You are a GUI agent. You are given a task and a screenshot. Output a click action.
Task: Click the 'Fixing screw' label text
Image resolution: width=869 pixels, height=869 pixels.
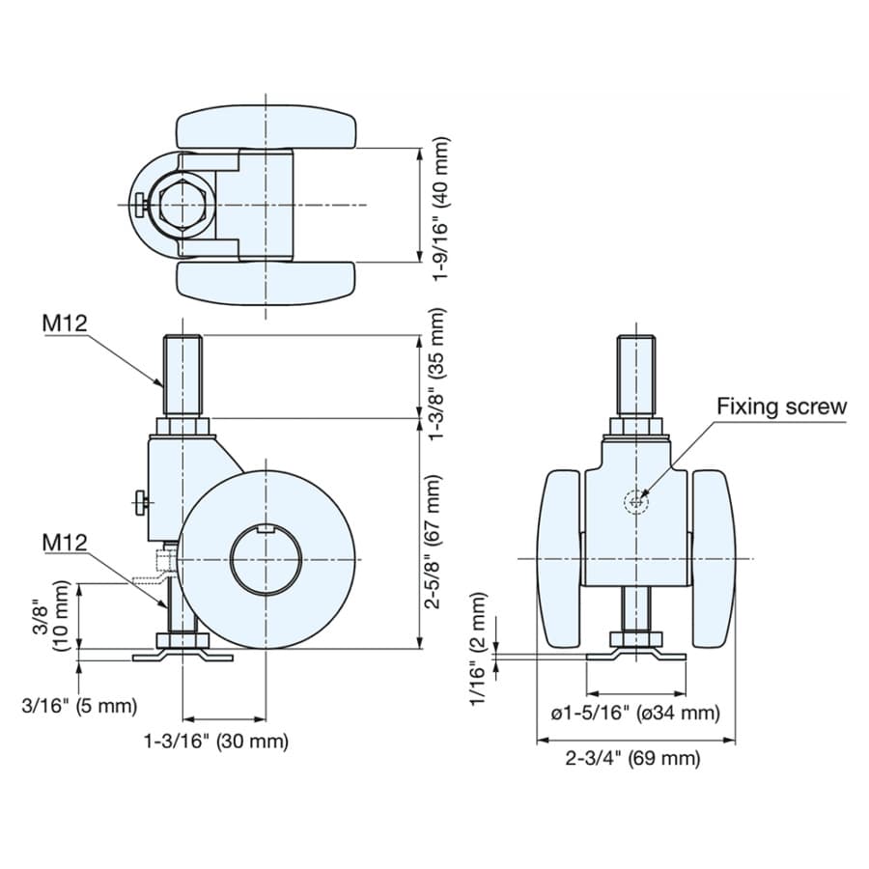(781, 406)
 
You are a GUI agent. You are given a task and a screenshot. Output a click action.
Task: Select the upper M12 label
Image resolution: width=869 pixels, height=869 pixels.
(65, 323)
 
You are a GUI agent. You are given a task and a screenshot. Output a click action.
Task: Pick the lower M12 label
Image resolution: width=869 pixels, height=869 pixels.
(65, 543)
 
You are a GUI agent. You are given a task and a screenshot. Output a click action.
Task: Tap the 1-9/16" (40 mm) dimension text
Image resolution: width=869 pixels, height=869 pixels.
(441, 209)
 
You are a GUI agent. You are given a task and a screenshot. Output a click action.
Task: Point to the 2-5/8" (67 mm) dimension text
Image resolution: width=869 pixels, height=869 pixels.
(433, 542)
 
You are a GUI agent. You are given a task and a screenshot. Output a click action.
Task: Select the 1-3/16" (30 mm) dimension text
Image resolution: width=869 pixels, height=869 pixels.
(216, 741)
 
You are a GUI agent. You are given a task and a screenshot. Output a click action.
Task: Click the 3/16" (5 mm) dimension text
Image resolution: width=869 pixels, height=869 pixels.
(79, 706)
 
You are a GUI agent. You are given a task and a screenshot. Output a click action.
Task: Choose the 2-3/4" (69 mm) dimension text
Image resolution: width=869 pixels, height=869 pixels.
(632, 758)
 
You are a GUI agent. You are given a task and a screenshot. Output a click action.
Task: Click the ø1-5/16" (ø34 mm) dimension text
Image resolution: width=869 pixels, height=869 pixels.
(635, 713)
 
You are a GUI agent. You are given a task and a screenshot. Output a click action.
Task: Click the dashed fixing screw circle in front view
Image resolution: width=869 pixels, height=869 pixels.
(635, 502)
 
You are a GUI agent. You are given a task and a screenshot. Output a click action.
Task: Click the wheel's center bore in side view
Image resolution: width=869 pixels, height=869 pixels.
(266, 559)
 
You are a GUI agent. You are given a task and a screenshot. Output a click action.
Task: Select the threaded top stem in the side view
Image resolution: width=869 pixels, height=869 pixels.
(182, 377)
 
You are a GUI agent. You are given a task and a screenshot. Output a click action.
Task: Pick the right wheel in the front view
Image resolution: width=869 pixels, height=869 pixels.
(714, 559)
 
